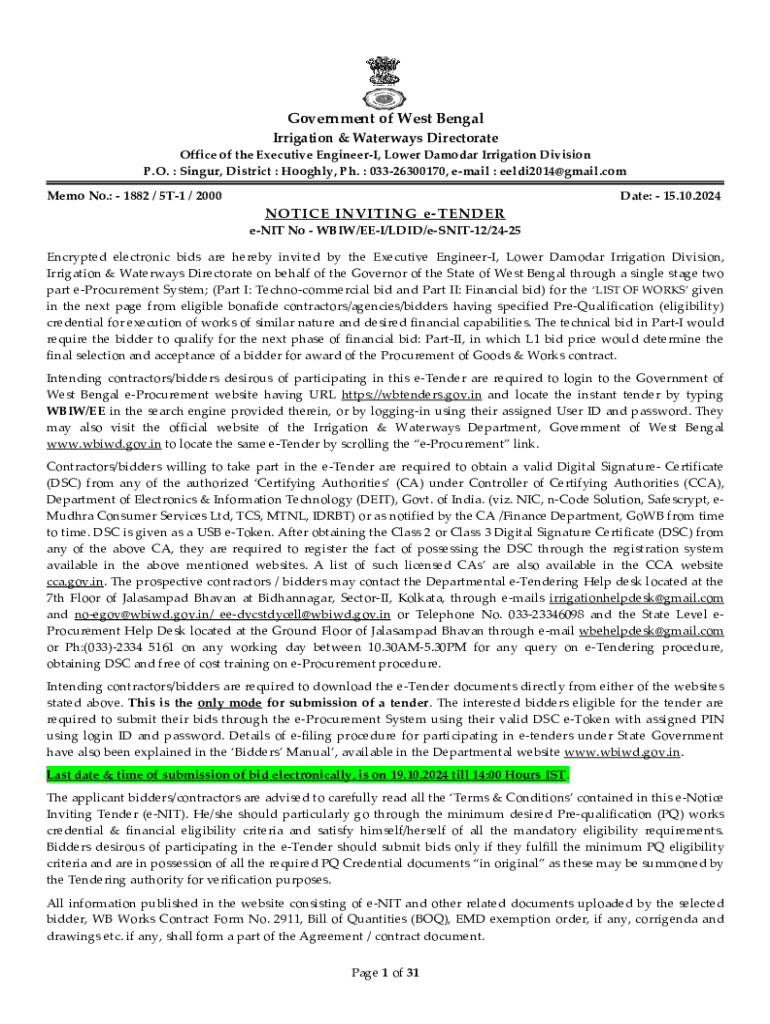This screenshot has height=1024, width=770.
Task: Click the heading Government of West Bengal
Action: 385,119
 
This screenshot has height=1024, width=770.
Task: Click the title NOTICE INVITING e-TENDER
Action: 385,213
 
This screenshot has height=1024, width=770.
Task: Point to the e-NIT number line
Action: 385,230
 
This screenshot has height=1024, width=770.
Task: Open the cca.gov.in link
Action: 75,581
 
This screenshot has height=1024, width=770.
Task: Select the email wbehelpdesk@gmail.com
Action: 651,631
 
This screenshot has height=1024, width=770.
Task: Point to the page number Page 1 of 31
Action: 385,972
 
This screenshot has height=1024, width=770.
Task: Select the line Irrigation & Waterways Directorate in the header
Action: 385,137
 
